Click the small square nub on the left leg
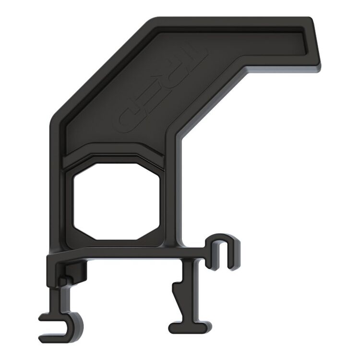[63, 280]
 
